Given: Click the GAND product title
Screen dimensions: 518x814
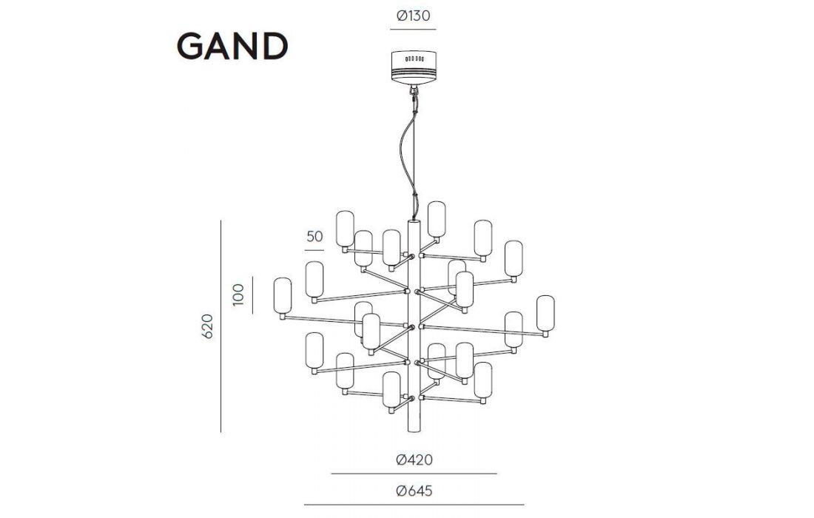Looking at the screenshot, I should [232, 47].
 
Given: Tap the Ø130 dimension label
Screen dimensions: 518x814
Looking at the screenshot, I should [413, 15].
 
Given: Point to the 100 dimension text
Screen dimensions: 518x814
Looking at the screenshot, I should [238, 295].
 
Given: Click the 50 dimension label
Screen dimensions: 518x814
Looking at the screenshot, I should [314, 237].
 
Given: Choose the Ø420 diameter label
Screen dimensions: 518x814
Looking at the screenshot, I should [414, 460].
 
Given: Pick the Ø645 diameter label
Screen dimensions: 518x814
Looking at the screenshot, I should [414, 491].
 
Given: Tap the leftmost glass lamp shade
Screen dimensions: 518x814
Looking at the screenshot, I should [282, 297].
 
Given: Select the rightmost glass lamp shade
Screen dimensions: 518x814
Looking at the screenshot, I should [545, 314].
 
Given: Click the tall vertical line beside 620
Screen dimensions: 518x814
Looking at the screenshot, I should [221, 326].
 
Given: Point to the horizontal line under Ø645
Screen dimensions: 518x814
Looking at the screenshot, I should [414, 505].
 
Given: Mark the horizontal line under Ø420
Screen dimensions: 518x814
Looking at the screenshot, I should [414, 474].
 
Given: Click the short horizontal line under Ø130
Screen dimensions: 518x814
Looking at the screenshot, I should [413, 30].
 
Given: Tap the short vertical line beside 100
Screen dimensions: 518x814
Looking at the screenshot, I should [252, 295].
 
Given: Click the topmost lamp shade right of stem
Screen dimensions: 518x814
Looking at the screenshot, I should [436, 219].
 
